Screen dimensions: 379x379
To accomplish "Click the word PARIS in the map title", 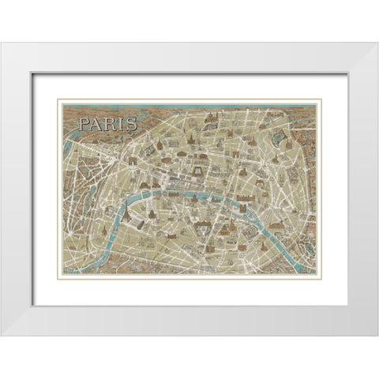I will coord(107,123).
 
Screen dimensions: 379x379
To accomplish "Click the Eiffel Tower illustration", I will coord(125,216).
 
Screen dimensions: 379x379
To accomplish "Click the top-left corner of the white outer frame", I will coord(2,43).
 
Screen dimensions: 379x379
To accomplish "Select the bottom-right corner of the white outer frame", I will coord(377,336).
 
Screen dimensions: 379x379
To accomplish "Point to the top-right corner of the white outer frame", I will coord(377,43).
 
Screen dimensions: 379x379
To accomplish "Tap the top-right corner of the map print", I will coord(321,99).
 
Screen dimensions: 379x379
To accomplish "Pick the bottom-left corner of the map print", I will coord(58,278).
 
